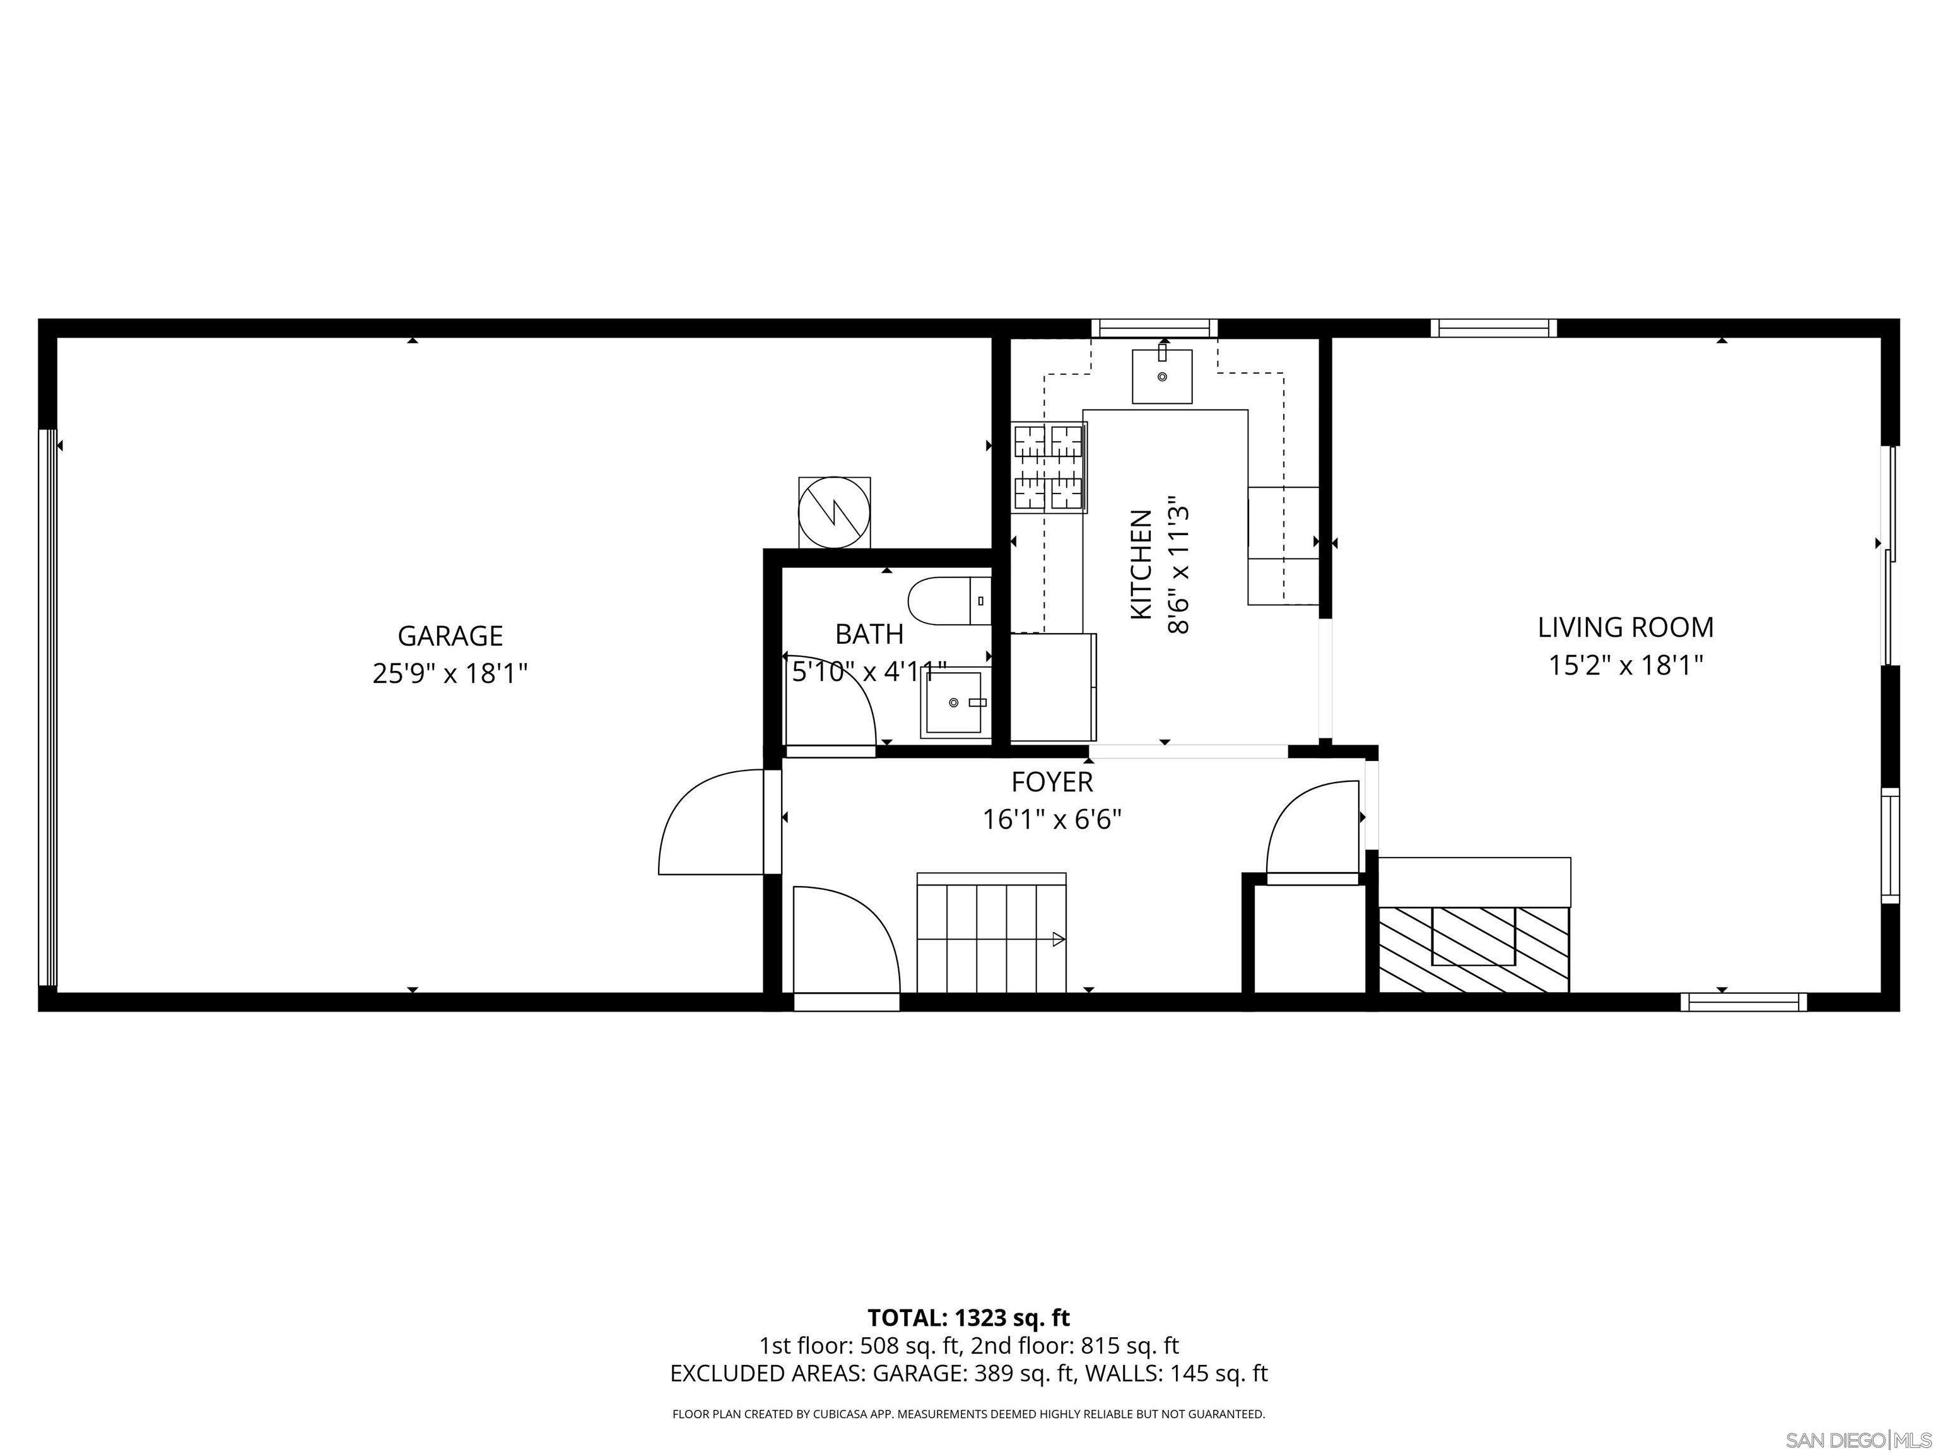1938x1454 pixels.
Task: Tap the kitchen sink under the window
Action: pos(1162,376)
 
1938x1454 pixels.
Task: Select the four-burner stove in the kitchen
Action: pos(1050,467)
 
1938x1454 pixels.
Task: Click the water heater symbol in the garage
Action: pos(834,512)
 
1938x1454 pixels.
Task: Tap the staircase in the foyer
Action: pos(991,934)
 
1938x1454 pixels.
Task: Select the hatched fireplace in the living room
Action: pos(1474,949)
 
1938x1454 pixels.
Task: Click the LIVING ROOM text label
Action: pos(1625,627)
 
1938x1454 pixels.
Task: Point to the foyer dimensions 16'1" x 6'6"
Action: pos(1052,820)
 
